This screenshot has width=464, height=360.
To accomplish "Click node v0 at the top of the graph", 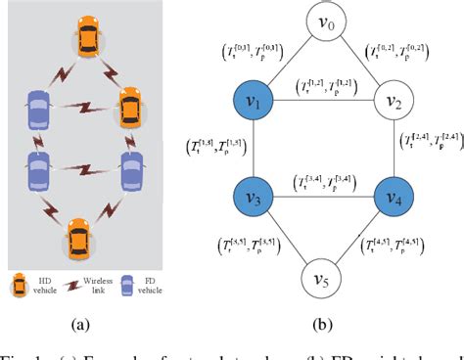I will (324, 21).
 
